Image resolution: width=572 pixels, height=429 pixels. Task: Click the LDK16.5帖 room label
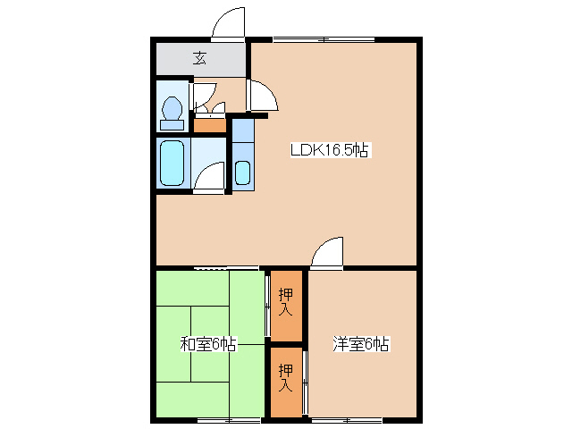click(330, 151)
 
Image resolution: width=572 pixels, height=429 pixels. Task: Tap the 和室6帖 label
click(207, 343)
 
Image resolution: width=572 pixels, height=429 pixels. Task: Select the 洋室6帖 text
click(362, 343)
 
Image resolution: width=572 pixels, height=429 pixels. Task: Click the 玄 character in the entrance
click(199, 60)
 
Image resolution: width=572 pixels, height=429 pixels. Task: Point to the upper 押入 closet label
click(286, 303)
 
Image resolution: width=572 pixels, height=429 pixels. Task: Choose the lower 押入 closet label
click(286, 379)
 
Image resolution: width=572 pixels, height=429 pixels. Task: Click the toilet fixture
click(172, 110)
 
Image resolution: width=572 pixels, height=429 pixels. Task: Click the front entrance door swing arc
click(228, 23)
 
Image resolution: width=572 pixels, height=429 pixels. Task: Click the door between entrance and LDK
click(263, 96)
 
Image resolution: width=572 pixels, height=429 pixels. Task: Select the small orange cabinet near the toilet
click(211, 124)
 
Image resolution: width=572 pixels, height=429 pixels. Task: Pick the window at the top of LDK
click(324, 39)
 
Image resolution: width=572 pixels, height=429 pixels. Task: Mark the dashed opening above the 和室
click(214, 267)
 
